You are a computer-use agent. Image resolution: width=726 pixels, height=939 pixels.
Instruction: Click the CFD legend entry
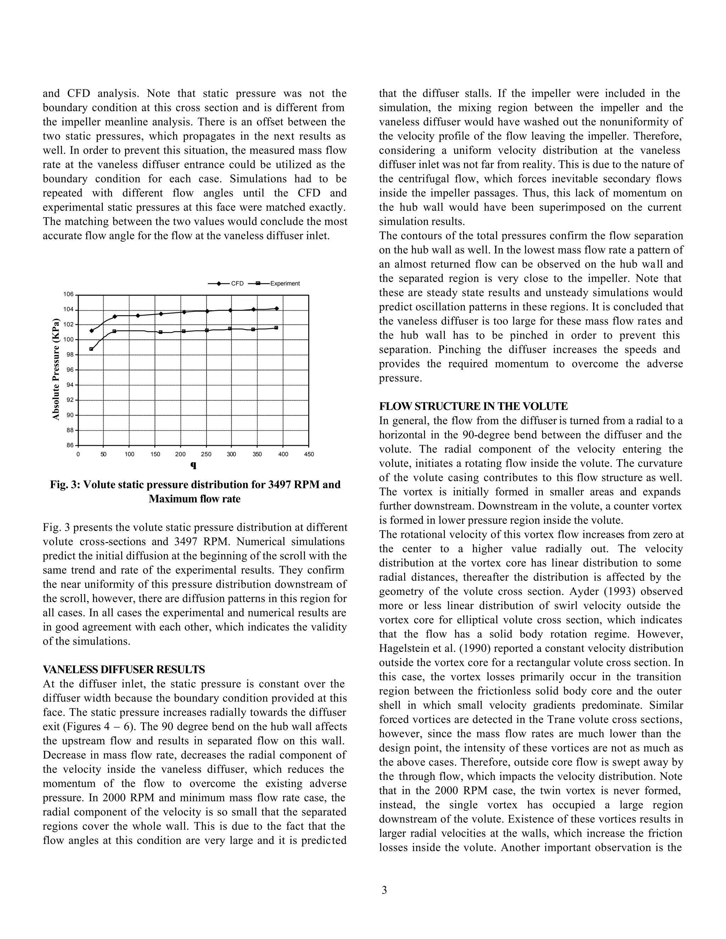click(x=237, y=284)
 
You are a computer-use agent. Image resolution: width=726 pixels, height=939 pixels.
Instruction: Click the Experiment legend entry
click(x=285, y=284)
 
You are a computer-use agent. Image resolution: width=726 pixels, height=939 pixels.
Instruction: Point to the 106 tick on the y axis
click(x=68, y=295)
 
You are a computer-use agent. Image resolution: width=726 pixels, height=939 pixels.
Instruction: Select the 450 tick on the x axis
click(x=309, y=454)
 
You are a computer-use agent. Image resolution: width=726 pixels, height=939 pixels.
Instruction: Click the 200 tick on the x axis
click(x=180, y=454)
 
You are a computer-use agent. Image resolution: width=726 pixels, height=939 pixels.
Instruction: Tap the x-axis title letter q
click(x=193, y=465)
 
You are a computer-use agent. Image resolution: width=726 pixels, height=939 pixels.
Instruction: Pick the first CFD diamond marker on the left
click(x=91, y=331)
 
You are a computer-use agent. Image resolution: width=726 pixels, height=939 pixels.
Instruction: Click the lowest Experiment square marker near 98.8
click(x=91, y=349)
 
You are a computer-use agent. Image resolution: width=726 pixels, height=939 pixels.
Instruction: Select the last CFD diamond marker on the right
click(x=277, y=308)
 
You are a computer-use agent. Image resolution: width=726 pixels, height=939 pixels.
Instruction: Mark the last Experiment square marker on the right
click(x=276, y=328)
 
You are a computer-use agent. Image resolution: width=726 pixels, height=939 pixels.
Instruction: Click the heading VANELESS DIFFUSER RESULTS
click(x=124, y=669)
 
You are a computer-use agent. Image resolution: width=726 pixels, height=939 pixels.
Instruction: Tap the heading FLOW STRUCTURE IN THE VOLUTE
click(x=473, y=406)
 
